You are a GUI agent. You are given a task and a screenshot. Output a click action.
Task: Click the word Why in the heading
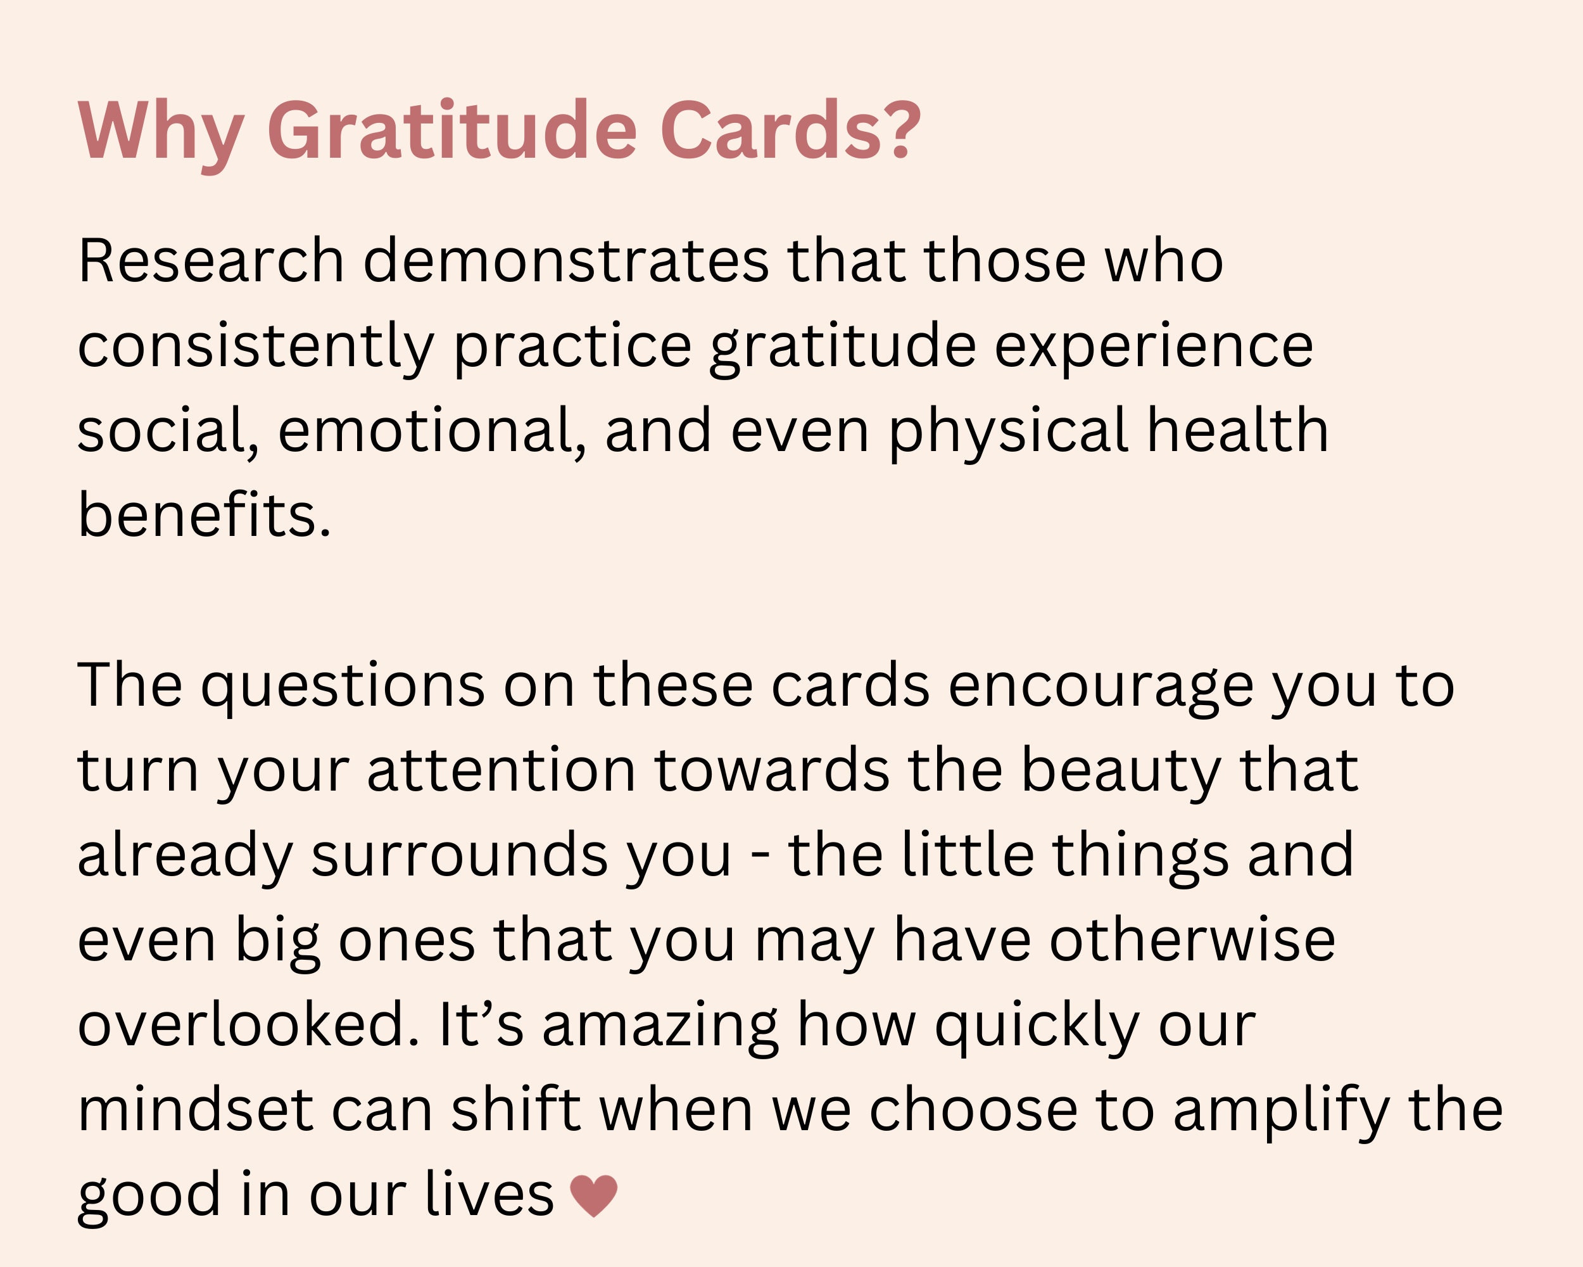coord(160,131)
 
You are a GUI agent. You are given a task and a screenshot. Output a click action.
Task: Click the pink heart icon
coord(593,1195)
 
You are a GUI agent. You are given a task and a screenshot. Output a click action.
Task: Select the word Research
coord(211,261)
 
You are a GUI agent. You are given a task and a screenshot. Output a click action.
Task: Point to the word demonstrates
coord(566,261)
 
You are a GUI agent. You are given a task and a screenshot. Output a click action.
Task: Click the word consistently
coord(256,346)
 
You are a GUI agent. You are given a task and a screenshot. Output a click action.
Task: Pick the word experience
coord(1154,346)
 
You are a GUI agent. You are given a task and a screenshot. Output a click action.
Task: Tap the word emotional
coord(424,431)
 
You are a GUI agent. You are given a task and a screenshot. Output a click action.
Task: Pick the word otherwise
coord(1192,941)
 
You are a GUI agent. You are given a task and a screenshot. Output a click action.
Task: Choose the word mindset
coord(195,1110)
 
